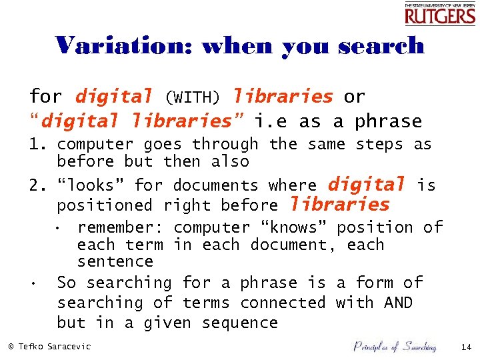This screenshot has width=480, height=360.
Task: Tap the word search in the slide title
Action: click(381, 45)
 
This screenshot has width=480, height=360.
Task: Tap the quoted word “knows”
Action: click(296, 228)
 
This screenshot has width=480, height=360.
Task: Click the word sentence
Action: click(115, 261)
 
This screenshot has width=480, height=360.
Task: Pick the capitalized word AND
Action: click(398, 303)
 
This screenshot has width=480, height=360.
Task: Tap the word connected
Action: click(283, 303)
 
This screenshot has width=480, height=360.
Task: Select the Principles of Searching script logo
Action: click(394, 346)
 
